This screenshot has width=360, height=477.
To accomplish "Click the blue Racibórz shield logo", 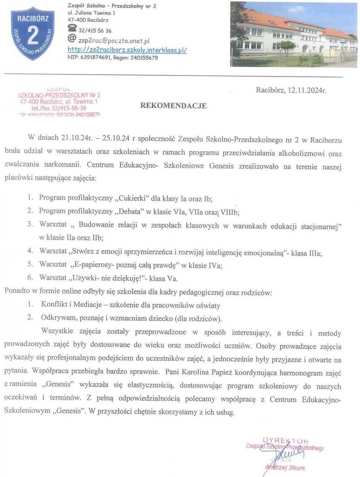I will (x=33, y=33).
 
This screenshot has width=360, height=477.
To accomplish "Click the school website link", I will (x=127, y=50).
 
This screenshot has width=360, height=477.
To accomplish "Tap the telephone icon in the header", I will (x=72, y=29).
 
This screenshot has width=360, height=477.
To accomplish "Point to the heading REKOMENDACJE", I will (x=173, y=106).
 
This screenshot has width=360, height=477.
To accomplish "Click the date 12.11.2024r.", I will (x=307, y=90).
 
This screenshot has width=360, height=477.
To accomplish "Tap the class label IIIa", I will (x=315, y=253).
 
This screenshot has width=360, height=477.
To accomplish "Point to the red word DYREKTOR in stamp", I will (x=285, y=440).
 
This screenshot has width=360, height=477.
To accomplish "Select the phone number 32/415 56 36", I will (x=95, y=31).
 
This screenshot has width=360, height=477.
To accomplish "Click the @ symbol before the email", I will (x=72, y=39).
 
